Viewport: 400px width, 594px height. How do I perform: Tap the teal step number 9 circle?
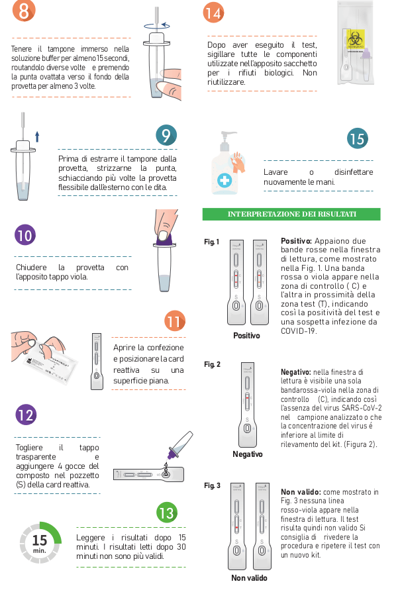click(x=166, y=135)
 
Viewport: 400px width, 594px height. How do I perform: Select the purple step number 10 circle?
click(x=25, y=235)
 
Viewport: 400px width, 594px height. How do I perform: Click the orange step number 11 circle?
click(x=175, y=321)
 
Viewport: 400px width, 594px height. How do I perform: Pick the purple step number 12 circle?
click(x=26, y=415)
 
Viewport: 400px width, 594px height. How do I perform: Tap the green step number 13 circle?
click(x=167, y=513)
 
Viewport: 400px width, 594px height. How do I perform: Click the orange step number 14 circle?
click(x=214, y=13)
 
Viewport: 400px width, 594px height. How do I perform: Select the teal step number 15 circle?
click(x=357, y=138)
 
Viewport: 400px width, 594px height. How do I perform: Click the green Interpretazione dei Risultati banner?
click(x=291, y=214)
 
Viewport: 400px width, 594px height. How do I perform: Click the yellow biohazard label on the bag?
click(x=356, y=40)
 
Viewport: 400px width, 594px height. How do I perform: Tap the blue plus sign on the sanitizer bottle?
click(x=225, y=180)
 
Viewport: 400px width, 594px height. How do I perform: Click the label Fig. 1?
click(x=211, y=242)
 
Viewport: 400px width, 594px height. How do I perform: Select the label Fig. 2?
click(x=212, y=364)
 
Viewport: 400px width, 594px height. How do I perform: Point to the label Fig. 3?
click(x=212, y=485)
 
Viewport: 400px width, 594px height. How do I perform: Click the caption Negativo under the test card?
click(x=247, y=454)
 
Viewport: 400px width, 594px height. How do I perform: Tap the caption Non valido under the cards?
click(x=249, y=577)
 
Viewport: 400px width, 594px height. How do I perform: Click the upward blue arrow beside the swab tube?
click(x=37, y=136)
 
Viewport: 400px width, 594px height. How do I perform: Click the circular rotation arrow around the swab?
click(x=157, y=26)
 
